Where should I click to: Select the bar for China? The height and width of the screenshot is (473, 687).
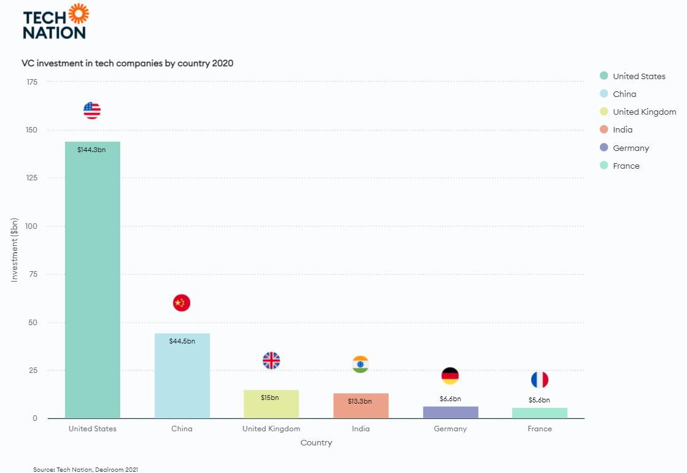point(182,375)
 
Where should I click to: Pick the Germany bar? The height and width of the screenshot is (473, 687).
point(450,412)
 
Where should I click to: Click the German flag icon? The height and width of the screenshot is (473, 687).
point(450,376)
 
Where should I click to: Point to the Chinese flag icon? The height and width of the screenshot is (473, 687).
point(182,302)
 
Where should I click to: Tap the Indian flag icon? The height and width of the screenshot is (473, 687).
point(361,364)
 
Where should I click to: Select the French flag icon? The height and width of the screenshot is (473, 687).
point(540,380)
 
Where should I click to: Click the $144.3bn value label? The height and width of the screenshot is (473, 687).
point(91,150)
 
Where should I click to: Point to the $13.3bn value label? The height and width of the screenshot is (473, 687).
point(360,401)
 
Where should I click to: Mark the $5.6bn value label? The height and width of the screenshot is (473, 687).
point(539,400)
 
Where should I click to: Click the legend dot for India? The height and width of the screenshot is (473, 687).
point(604,129)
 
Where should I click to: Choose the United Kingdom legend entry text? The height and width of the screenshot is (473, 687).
point(644,112)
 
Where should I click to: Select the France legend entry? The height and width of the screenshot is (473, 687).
point(626,166)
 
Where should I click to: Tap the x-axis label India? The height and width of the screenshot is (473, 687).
point(361,429)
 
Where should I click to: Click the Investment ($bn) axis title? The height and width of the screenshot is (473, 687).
point(15,250)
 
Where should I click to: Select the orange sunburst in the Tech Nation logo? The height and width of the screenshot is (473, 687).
point(79,13)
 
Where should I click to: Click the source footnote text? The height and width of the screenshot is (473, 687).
point(86,469)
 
